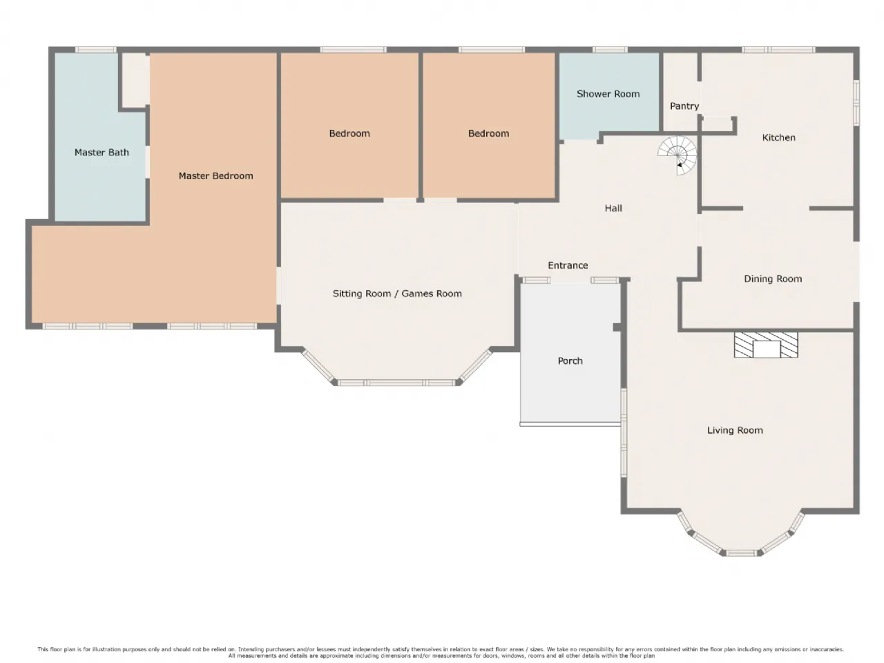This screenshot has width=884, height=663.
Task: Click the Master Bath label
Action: pyautogui.click(x=102, y=152)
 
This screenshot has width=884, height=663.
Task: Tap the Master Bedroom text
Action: pyautogui.click(x=216, y=175)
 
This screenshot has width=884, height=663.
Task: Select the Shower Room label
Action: pyautogui.click(x=608, y=94)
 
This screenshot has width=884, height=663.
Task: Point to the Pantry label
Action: pyautogui.click(x=684, y=106)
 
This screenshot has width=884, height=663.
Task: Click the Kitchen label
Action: pyautogui.click(x=778, y=137)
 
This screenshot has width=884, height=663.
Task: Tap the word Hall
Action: pyautogui.click(x=613, y=208)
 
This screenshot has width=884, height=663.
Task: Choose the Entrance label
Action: pyautogui.click(x=568, y=265)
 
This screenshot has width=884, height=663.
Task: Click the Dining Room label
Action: pyautogui.click(x=773, y=278)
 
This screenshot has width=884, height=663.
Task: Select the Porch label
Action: pyautogui.click(x=570, y=361)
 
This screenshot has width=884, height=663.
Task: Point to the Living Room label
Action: pyautogui.click(x=735, y=430)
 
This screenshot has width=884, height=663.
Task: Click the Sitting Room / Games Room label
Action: pyautogui.click(x=397, y=294)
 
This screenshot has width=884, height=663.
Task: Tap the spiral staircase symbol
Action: pyautogui.click(x=678, y=155)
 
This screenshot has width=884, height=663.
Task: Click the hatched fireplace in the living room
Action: pyautogui.click(x=766, y=345)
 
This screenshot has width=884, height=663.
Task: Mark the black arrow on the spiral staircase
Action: pyautogui.click(x=680, y=164)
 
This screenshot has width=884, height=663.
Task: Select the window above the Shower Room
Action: pyautogui.click(x=610, y=50)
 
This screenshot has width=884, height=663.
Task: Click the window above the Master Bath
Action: pyautogui.click(x=96, y=50)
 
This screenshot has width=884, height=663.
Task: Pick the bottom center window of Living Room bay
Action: pyautogui.click(x=742, y=553)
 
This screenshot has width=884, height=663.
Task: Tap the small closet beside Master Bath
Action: pyautogui.click(x=136, y=80)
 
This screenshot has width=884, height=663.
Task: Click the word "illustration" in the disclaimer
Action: pyautogui.click(x=106, y=649)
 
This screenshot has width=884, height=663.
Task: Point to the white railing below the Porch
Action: pyautogui.click(x=570, y=424)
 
